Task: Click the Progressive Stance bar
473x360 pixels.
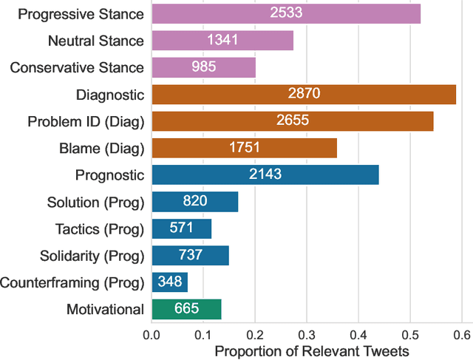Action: coord(286,13)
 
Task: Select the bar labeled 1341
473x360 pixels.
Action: coord(222,40)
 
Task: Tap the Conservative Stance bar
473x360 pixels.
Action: coord(203,67)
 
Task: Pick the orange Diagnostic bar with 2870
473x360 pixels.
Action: coord(304,94)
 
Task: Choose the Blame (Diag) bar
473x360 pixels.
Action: coord(244,148)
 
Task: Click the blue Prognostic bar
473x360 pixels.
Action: coord(265,174)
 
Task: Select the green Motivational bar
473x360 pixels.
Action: coord(186,309)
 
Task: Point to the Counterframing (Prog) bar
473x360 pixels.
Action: coord(170,282)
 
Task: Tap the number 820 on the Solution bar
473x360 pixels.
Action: coord(195,202)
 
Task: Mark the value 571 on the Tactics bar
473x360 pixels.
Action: coord(182,228)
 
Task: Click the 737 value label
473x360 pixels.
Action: coord(190,256)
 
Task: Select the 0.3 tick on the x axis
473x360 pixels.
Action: coord(306,335)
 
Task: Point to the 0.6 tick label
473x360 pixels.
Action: coord(461,335)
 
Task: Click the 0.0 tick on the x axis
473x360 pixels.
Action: coord(152,335)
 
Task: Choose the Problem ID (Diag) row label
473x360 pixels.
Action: coord(86,121)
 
